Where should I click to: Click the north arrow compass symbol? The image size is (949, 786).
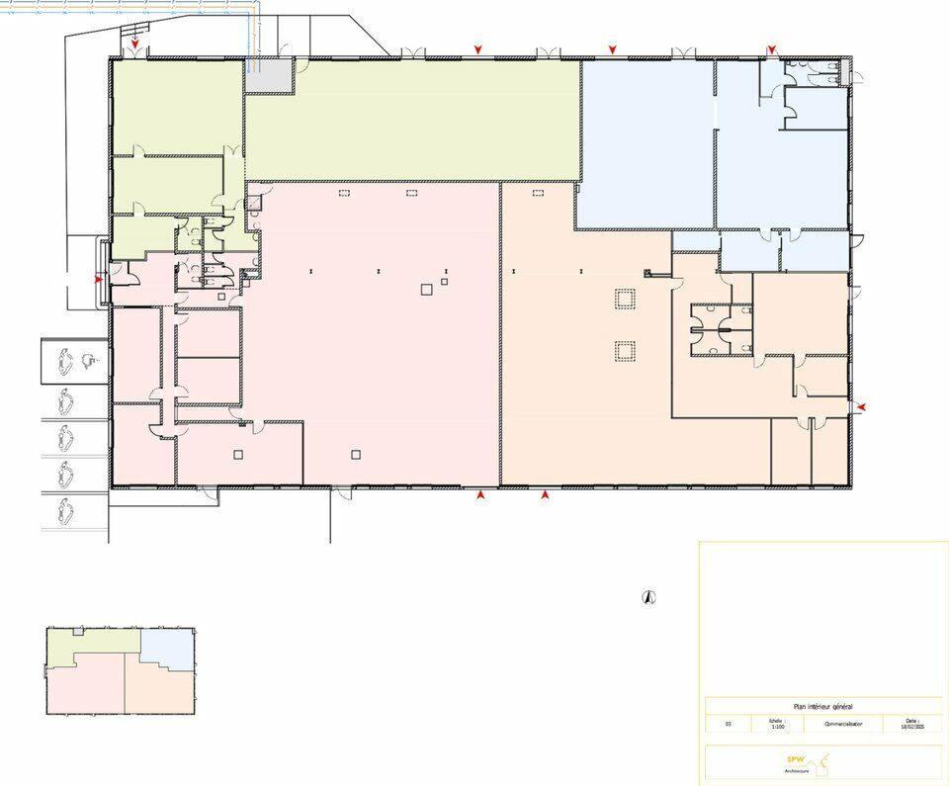pyautogui.click(x=648, y=596)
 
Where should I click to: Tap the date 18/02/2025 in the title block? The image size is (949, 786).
pyautogui.click(x=911, y=727)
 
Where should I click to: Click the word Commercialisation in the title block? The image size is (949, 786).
pyautogui.click(x=842, y=724)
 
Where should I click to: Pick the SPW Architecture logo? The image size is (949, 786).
pyautogui.click(x=810, y=761)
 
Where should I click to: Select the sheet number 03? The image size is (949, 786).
pyautogui.click(x=728, y=724)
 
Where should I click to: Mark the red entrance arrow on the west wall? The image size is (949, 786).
pyautogui.click(x=98, y=280)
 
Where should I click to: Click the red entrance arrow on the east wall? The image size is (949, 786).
pyautogui.click(x=862, y=406)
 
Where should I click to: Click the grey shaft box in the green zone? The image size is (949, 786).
pyautogui.click(x=269, y=76)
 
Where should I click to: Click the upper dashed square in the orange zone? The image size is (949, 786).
pyautogui.click(x=624, y=300)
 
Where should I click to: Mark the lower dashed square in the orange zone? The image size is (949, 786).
pyautogui.click(x=624, y=350)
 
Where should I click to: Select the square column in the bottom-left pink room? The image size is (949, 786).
pyautogui.click(x=238, y=454)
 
